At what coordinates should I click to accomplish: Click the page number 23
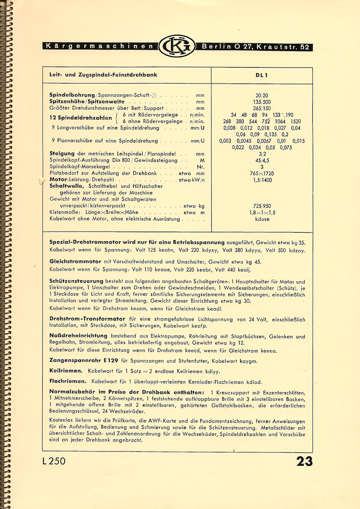point(304,461)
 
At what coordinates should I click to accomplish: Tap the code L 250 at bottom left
point(54,461)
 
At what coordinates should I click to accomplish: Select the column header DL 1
point(262,75)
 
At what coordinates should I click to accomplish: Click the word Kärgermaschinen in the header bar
point(99,47)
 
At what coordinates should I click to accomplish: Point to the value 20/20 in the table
point(262,95)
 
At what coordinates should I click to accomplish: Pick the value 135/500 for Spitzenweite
point(262,101)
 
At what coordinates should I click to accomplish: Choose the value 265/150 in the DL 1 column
point(262,108)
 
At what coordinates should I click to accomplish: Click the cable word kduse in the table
point(262,219)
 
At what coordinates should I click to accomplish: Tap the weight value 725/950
point(262,206)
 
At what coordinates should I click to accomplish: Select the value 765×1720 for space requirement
point(262,173)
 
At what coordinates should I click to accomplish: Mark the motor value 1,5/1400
point(262,179)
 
